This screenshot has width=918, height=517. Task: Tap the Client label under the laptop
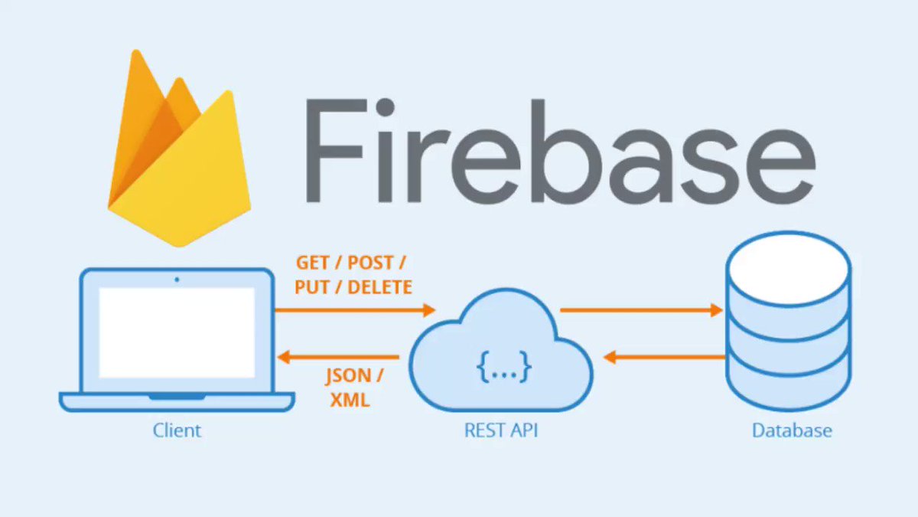pos(177,430)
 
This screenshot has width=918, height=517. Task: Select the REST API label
pos(501,430)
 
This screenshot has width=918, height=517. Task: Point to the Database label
pos(792,430)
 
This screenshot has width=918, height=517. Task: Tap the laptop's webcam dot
pos(177,279)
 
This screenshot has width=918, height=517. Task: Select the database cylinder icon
pos(789,329)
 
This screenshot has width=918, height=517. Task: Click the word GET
pos(313,263)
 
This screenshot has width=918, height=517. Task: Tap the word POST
pos(370,263)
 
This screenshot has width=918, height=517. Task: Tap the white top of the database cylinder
pos(789,257)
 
